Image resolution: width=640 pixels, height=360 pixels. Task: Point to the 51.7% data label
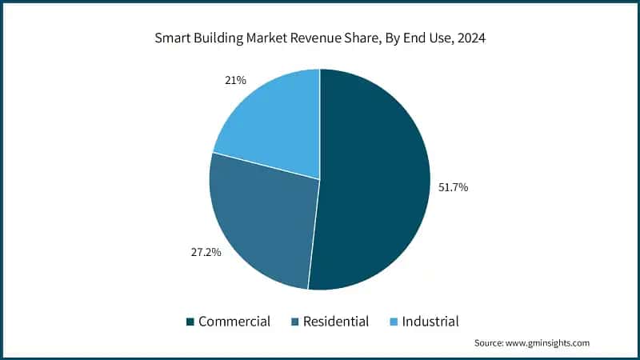[x=453, y=187]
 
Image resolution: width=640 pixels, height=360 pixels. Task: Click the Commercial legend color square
[x=190, y=322]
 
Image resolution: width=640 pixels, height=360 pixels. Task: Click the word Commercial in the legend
[x=234, y=322]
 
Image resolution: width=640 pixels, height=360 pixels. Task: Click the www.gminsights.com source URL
[x=548, y=343]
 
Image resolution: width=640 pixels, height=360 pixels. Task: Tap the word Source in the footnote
[x=489, y=343]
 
